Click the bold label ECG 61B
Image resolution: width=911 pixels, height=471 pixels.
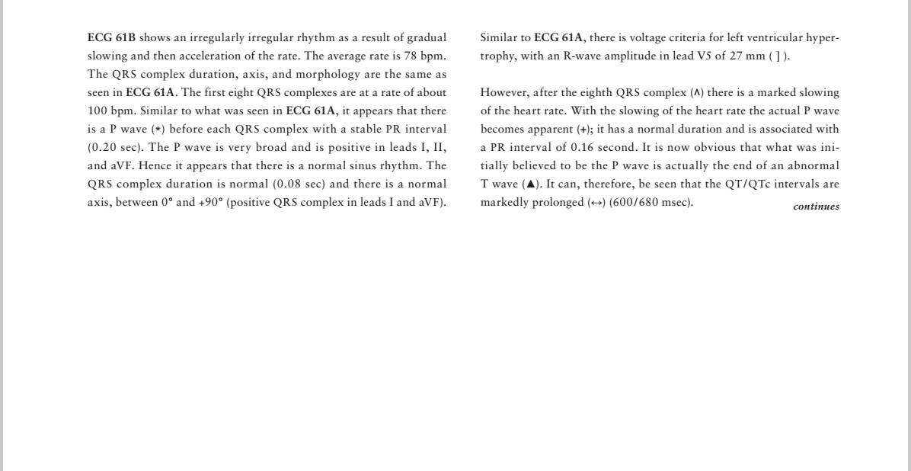[x=111, y=38]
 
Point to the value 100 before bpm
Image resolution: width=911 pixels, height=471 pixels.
[x=97, y=111]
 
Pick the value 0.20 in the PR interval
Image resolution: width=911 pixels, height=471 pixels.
[x=103, y=148]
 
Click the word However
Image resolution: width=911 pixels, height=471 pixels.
[x=504, y=93]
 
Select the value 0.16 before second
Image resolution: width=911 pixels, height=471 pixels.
[x=583, y=148]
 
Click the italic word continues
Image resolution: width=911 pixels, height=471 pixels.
[x=816, y=207]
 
